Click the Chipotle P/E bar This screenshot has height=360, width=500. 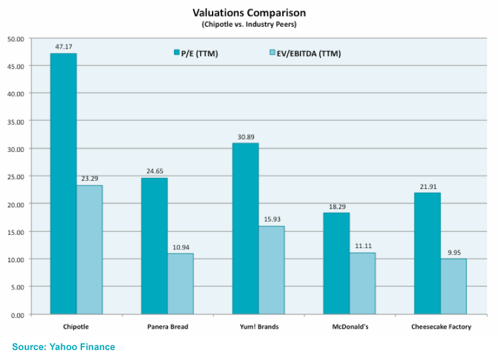click(63, 183)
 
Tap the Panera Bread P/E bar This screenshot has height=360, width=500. click(154, 246)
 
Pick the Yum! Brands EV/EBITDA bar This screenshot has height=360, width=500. click(271, 270)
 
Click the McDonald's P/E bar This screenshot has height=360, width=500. click(336, 263)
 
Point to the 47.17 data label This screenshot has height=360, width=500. click(63, 47)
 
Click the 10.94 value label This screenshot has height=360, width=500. click(181, 247)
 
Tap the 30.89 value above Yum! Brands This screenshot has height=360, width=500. click(245, 137)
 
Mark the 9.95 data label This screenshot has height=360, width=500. click(453, 253)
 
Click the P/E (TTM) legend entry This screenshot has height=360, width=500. click(198, 53)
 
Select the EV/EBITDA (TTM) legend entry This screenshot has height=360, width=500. click(306, 53)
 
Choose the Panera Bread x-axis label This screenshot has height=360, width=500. click(167, 327)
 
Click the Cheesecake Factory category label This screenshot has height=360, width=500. click(441, 327)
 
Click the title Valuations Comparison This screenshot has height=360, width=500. click(249, 12)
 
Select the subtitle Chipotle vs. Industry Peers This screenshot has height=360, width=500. click(249, 25)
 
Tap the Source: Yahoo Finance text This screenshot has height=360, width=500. click(63, 347)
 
